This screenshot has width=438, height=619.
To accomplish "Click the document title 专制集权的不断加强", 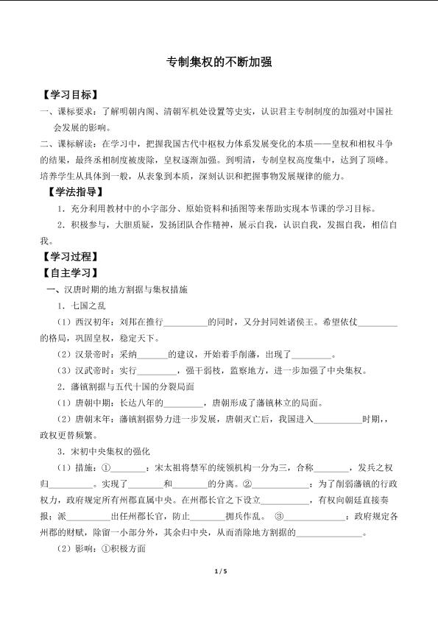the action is coord(219,63).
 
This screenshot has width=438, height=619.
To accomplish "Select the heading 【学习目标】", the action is coord(69,96).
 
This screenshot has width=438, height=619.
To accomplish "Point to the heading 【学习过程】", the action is coord(69,258).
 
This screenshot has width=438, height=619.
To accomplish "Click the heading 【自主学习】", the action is coord(69,274).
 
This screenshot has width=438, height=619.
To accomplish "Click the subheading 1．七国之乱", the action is coord(82,306).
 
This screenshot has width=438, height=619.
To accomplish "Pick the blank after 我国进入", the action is coord(338,420).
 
